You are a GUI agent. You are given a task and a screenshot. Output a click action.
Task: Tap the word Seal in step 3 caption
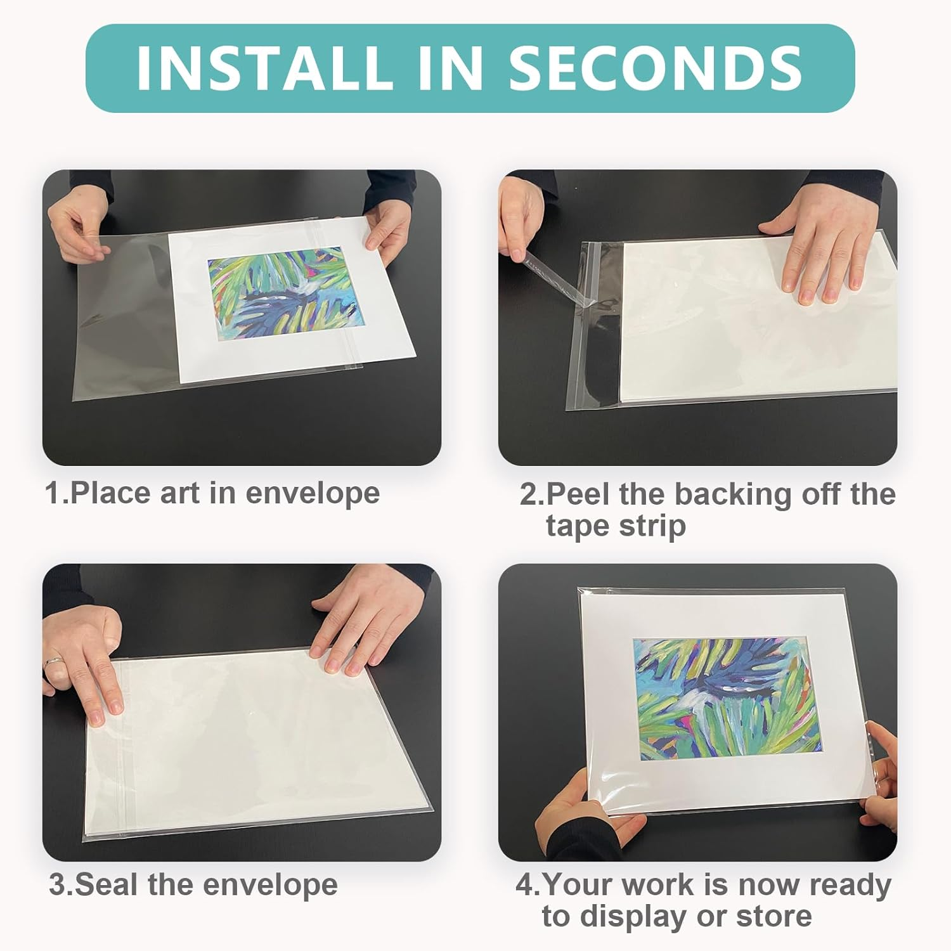click(x=108, y=884)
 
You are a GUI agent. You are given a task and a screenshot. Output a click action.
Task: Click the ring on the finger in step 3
click(x=54, y=663)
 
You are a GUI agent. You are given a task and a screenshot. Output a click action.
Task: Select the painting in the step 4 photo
click(x=726, y=697)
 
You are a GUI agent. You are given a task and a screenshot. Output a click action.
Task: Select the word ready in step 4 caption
click(x=850, y=884)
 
